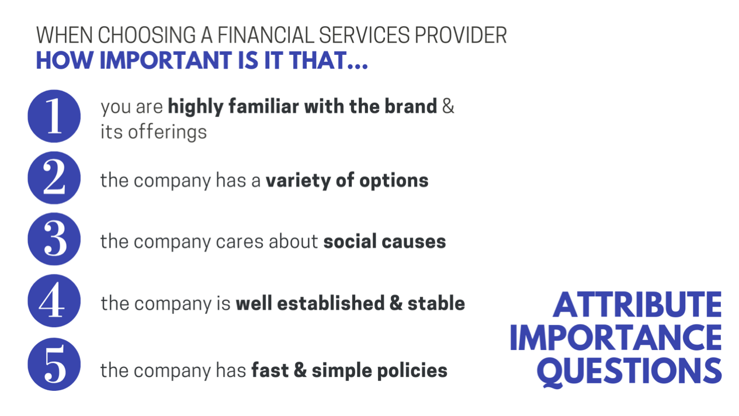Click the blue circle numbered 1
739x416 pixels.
(x=54, y=116)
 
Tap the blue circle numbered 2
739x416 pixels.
(x=54, y=178)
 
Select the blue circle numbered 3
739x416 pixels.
(x=54, y=239)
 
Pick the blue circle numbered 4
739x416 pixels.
(x=54, y=300)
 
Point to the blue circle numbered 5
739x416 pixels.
(x=54, y=364)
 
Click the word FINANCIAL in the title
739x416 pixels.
(x=265, y=35)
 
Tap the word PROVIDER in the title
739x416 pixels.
(x=460, y=35)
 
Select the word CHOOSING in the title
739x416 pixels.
(x=147, y=35)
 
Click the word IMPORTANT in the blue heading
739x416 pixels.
(x=165, y=60)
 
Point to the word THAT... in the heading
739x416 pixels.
(x=328, y=60)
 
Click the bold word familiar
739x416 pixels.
(x=263, y=106)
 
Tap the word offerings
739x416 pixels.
(x=167, y=132)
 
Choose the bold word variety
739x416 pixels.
(x=299, y=181)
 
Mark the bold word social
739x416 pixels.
(x=350, y=241)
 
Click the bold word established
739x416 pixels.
(x=331, y=303)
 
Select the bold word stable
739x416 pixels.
(x=436, y=303)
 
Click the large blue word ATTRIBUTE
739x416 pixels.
(x=637, y=304)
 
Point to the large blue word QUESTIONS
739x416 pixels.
(x=629, y=371)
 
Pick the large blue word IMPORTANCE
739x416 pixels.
(x=616, y=337)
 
